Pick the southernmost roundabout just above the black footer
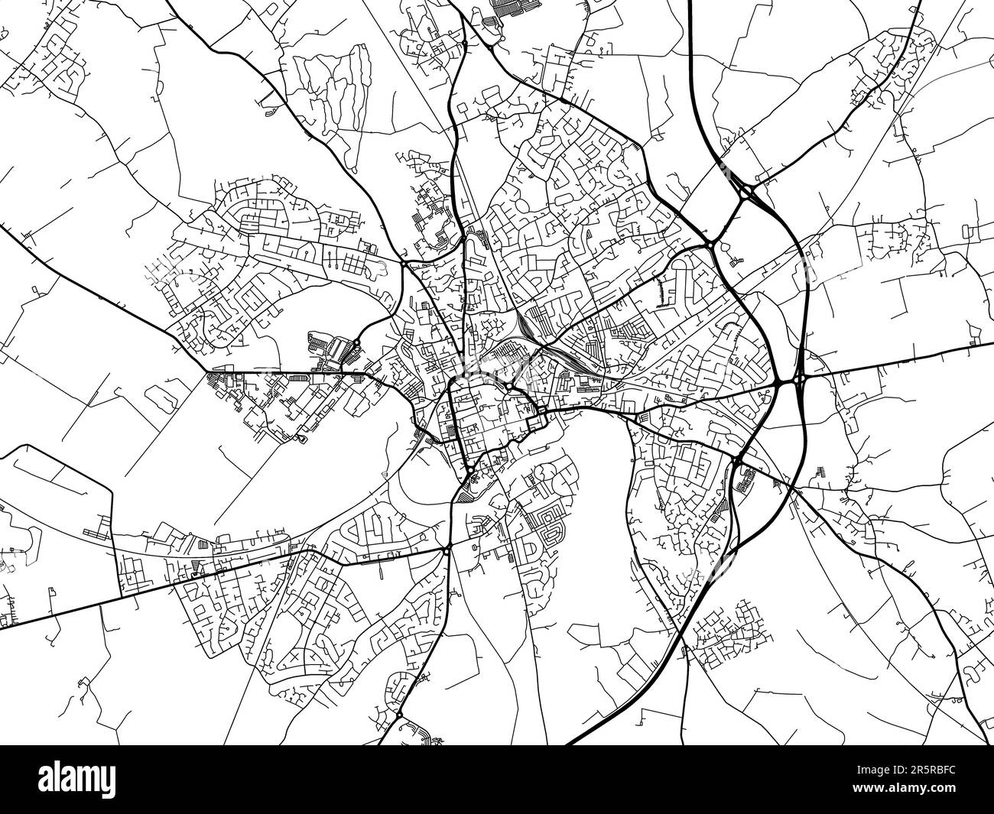tap(399, 714)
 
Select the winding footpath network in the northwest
tap(329, 84)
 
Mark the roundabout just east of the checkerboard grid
tap(403, 264)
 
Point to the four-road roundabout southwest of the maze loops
tap(446, 550)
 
